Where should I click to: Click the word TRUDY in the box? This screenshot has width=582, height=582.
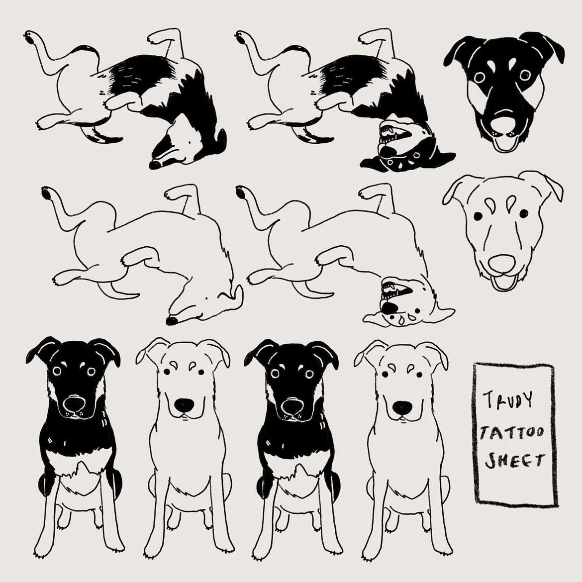pyautogui.click(x=508, y=399)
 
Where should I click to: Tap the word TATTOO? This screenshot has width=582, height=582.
pyautogui.click(x=512, y=432)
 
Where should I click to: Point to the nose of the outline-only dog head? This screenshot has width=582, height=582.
pyautogui.click(x=501, y=264)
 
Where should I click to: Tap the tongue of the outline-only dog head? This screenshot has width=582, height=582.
pyautogui.click(x=504, y=285)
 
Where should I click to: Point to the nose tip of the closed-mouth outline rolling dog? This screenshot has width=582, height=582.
pyautogui.click(x=172, y=321)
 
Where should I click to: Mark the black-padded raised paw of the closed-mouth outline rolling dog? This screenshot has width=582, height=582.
pyautogui.click(x=48, y=194)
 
